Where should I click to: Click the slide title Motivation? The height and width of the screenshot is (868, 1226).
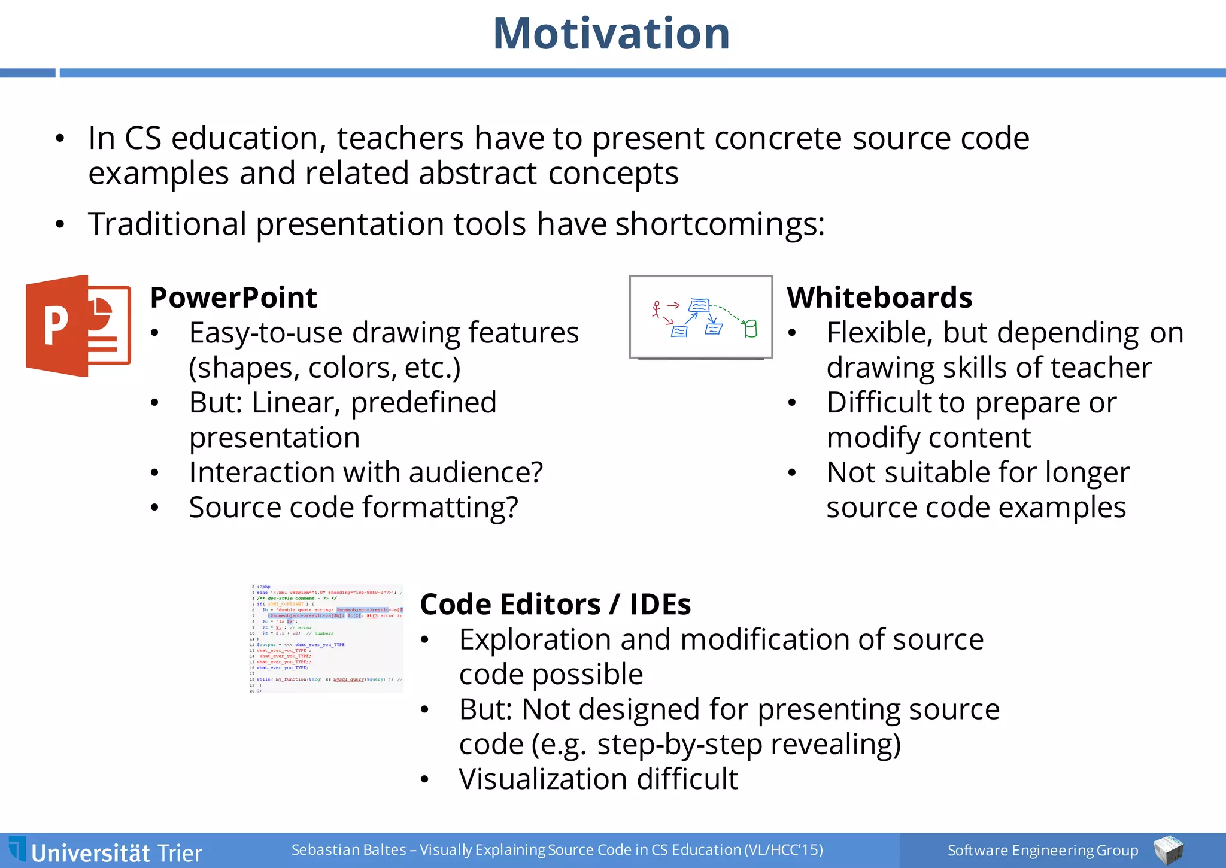(611, 34)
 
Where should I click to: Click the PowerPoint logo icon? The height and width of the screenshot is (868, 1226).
(78, 326)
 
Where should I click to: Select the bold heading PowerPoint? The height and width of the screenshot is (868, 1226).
(233, 298)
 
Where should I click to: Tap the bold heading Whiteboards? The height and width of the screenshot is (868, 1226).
(879, 298)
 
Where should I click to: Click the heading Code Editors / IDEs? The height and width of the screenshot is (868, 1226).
(555, 604)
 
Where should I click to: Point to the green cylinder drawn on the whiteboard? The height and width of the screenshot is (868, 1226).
(751, 329)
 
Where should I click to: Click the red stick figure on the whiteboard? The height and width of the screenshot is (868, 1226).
(657, 309)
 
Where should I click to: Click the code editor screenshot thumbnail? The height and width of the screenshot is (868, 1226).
(326, 639)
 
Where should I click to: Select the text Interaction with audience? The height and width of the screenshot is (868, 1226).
(366, 472)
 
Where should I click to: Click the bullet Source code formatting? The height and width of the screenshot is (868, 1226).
(353, 508)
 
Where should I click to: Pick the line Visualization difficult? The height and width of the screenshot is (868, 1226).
(598, 779)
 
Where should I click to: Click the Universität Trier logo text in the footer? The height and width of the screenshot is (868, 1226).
(116, 852)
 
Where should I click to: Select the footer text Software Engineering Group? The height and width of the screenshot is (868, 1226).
(1042, 850)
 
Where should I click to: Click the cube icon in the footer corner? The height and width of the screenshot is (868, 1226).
(1168, 850)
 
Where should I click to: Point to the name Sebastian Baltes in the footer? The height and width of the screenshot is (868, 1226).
(348, 850)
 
